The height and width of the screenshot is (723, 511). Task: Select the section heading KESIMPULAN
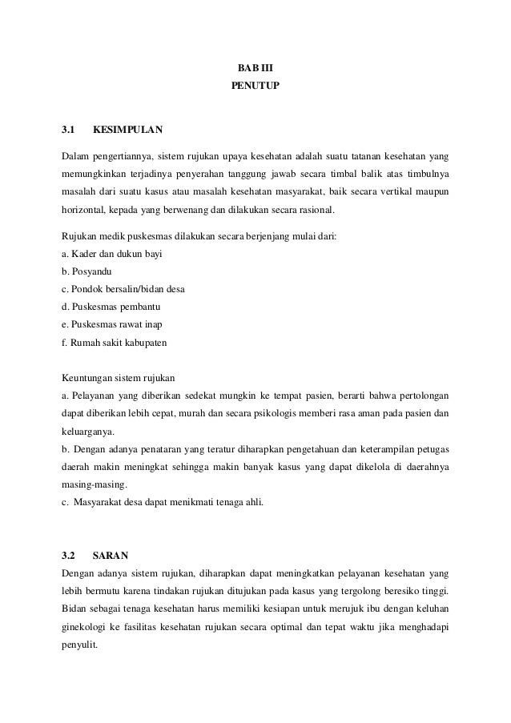tap(128, 129)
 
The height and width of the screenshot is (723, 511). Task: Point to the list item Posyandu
tap(90, 272)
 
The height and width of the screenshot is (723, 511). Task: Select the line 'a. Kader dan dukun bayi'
tap(112, 255)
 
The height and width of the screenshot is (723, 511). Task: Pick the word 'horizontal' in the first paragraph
tap(85, 211)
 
